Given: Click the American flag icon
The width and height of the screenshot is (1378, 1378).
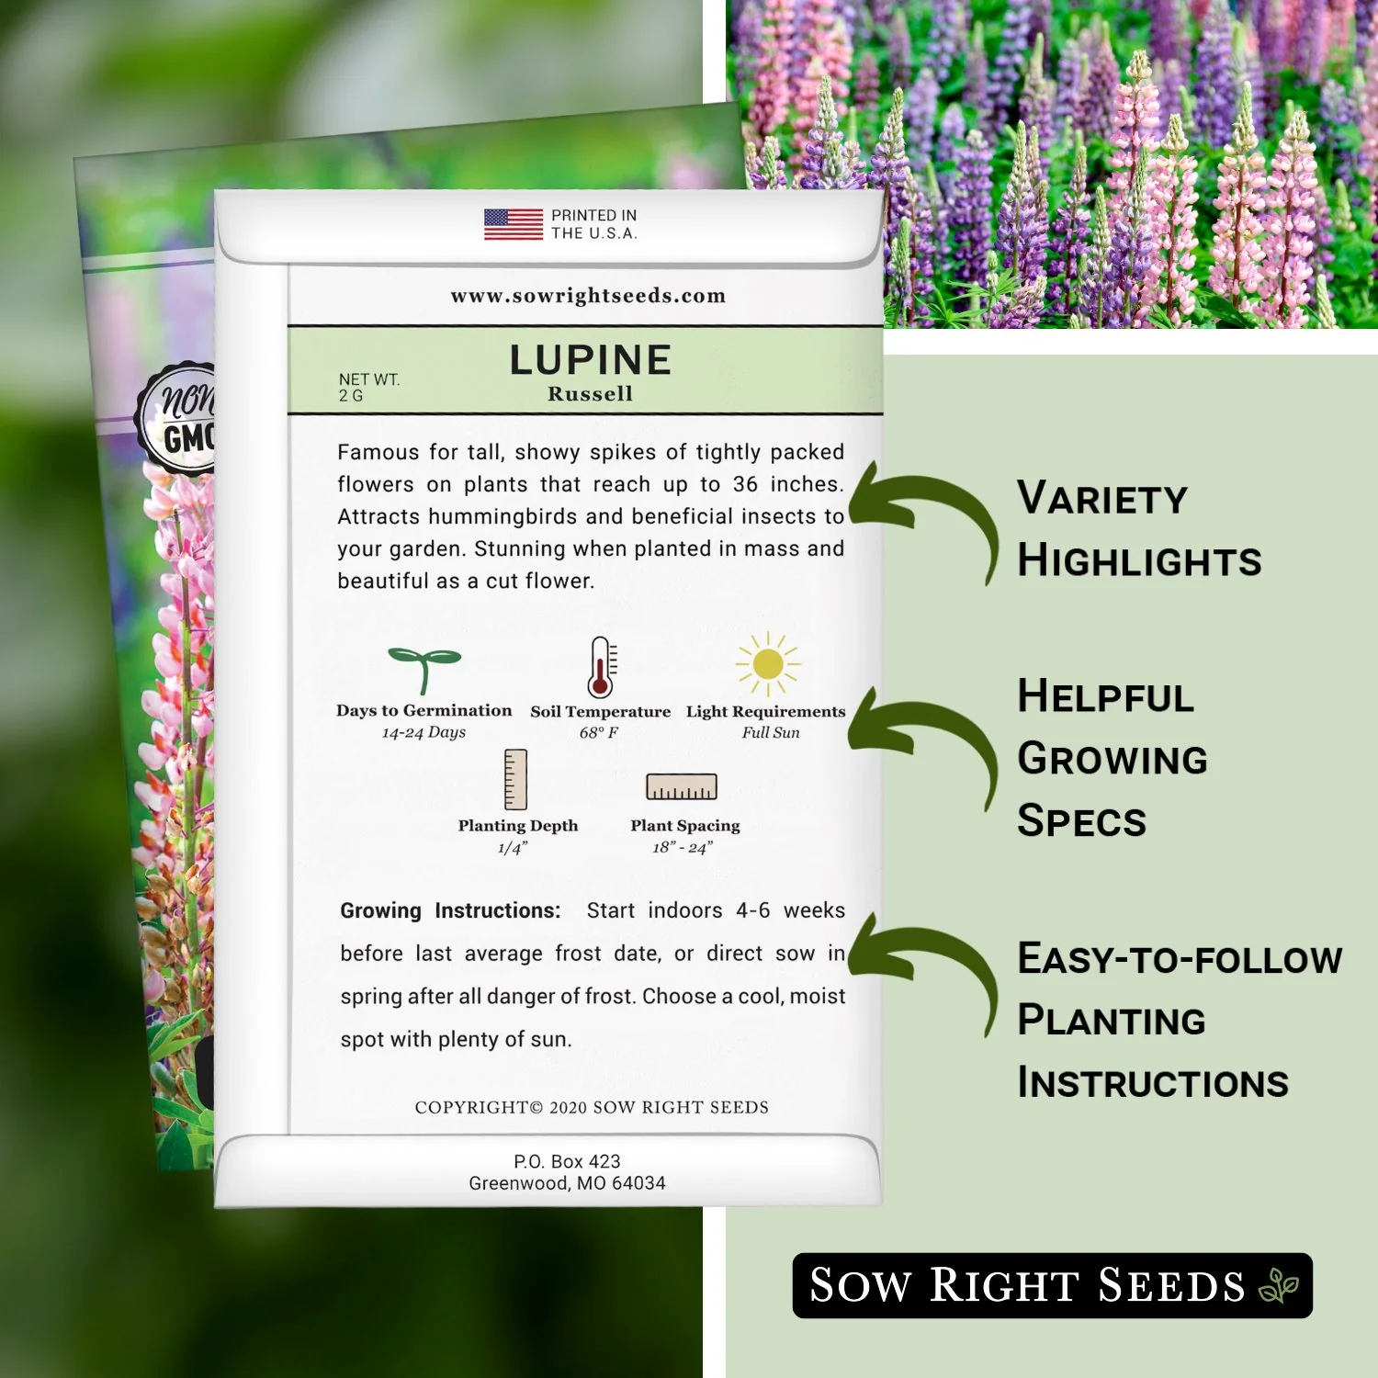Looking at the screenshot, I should [513, 224].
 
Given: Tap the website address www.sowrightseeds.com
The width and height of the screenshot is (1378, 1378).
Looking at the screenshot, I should [588, 296].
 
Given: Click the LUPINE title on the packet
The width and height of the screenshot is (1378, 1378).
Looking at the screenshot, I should [591, 360].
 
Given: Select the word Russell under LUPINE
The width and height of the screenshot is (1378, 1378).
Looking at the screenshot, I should [590, 394].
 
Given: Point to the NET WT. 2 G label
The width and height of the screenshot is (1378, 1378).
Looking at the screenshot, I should [368, 387].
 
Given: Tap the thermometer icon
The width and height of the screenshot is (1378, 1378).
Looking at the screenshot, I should [601, 667].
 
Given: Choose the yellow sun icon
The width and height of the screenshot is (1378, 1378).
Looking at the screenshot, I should [768, 663].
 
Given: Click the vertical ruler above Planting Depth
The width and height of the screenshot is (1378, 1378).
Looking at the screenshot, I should [516, 779].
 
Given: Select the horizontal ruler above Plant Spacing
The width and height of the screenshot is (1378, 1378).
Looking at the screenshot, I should [682, 786].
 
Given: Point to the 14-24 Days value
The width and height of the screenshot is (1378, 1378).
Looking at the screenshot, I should [424, 732].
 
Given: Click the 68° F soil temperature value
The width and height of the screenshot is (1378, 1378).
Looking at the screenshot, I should [599, 732].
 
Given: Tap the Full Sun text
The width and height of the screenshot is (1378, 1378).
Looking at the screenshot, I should [771, 732].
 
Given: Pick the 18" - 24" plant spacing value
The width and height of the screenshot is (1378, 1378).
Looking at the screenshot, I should [683, 847].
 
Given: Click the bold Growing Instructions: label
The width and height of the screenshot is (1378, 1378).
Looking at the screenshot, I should [450, 910].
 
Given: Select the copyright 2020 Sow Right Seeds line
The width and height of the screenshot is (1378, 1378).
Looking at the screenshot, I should [592, 1107].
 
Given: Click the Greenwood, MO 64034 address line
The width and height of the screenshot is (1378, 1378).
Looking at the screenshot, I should [567, 1183].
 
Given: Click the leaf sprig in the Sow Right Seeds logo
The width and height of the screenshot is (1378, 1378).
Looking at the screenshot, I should [1278, 1285].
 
